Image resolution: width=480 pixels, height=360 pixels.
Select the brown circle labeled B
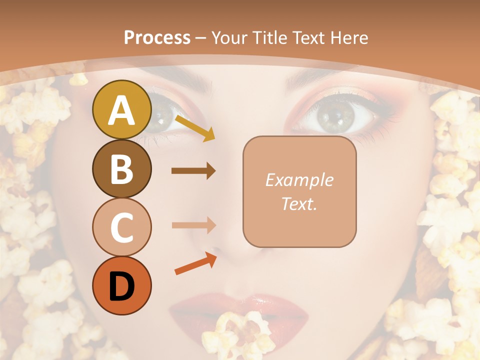(121, 168)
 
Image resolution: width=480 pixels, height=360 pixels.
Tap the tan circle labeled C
(121, 227)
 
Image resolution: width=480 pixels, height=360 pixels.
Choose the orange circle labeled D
(121, 285)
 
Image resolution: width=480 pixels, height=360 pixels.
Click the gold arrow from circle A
(195, 128)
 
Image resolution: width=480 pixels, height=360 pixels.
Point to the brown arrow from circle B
(193, 171)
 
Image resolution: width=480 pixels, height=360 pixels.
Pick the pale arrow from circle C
(193, 225)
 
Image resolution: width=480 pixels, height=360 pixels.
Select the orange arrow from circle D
(195, 264)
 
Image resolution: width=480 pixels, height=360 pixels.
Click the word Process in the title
(157, 37)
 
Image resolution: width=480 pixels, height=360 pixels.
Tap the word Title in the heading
(270, 37)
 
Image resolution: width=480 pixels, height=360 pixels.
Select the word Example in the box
(299, 180)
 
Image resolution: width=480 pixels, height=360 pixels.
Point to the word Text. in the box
(299, 204)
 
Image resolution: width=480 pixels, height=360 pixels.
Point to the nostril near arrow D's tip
(215, 250)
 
